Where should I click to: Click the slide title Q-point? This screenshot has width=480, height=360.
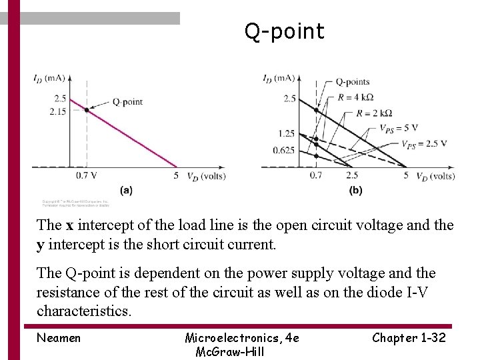pos(284,31)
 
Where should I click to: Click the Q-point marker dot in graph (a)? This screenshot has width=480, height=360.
pos(87,109)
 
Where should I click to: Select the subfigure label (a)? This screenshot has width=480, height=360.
pos(126,190)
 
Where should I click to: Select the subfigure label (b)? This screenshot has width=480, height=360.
pos(356,190)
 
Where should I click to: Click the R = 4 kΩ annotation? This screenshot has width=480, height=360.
pos(355,97)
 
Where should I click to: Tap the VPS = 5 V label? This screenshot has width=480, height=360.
pos(398,128)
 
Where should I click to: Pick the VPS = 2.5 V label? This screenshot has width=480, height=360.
pos(423,143)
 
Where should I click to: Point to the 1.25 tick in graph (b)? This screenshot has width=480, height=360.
pos(287,134)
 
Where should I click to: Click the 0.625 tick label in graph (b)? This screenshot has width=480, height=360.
pos(283,150)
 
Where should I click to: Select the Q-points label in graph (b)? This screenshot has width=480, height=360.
pos(352,82)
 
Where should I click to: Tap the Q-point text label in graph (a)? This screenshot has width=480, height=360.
pos(127,101)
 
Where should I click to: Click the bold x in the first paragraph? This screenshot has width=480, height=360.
pos(69,225)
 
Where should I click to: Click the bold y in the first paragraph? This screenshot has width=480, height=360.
pos(41,244)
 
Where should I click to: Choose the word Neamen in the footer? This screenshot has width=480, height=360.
pos(59,338)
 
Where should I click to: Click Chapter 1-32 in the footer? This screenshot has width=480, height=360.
pos(409,338)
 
